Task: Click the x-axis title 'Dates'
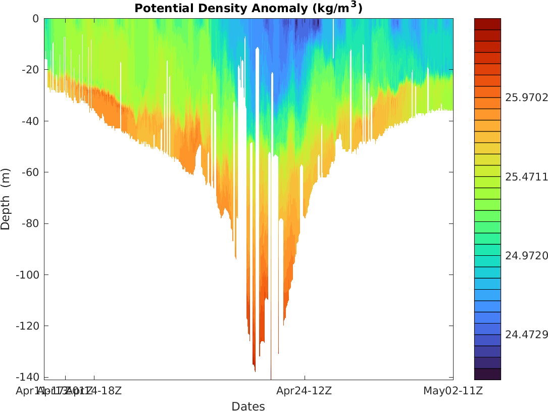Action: pyautogui.click(x=248, y=406)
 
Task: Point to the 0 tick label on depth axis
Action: pyautogui.click(x=35, y=19)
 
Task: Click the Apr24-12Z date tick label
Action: pyautogui.click(x=304, y=391)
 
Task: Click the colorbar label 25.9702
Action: pyautogui.click(x=526, y=98)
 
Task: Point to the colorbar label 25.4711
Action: pyautogui.click(x=526, y=177)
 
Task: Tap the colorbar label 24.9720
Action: pyautogui.click(x=526, y=256)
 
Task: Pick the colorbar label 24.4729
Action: pyautogui.click(x=526, y=335)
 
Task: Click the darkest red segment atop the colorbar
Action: pyautogui.click(x=487, y=24)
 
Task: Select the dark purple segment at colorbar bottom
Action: pyautogui.click(x=487, y=374)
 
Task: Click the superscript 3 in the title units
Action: pyautogui.click(x=354, y=5)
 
